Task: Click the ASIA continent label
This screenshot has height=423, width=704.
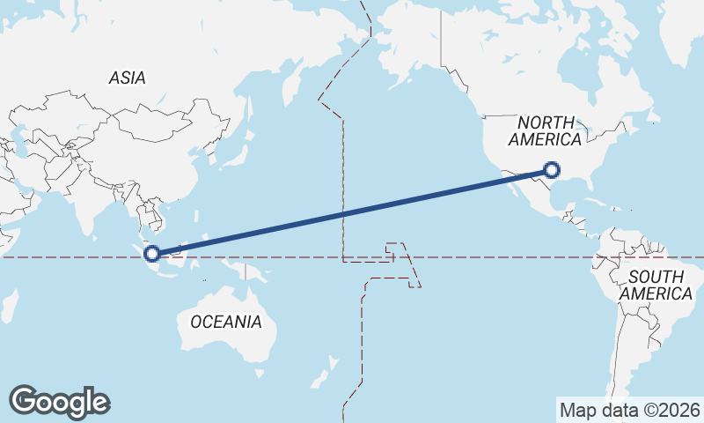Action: coord(127,78)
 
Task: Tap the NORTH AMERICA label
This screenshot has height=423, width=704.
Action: coord(545,131)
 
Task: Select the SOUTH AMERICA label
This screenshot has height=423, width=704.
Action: coord(656,285)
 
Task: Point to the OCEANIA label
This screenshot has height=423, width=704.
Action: coord(226,322)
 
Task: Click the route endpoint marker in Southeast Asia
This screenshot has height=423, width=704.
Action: coord(152,254)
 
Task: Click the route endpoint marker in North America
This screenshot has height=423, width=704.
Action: coord(552,170)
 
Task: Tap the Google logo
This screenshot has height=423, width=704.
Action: coord(59,402)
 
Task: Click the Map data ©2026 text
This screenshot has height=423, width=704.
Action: coord(629,410)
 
